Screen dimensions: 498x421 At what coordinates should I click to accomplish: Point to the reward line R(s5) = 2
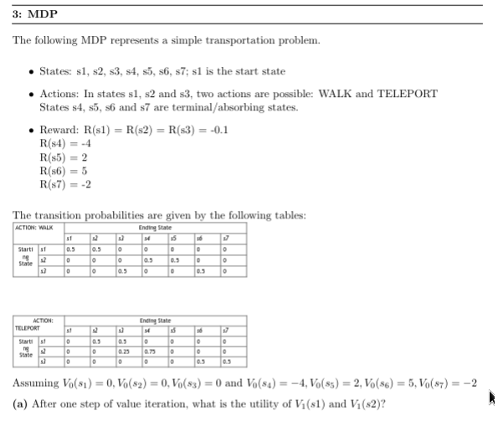[61, 156]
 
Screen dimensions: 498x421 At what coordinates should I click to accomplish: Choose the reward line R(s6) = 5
[61, 169]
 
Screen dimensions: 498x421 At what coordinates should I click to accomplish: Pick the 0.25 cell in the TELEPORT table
[124, 352]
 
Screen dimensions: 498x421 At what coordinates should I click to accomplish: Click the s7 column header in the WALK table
[225, 239]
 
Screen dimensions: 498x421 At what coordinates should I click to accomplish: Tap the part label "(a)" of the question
[23, 403]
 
